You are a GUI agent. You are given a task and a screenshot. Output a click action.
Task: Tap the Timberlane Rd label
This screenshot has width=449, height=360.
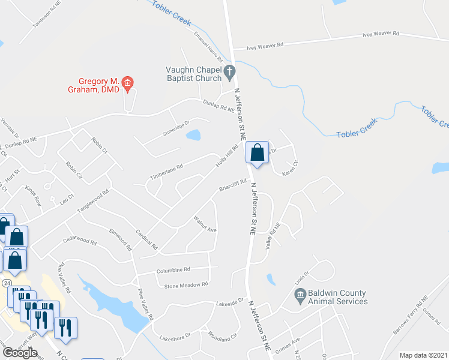166,170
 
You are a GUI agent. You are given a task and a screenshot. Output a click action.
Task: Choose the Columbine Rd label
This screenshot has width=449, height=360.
173,269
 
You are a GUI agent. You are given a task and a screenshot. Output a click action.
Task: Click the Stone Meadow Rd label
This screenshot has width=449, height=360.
186,284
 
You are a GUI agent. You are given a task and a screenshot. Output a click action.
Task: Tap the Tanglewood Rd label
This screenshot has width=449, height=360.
93,202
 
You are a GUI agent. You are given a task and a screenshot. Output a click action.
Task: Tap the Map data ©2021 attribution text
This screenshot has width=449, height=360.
423,355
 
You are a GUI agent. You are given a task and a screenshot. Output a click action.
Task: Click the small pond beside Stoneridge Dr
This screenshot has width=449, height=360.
193,135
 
